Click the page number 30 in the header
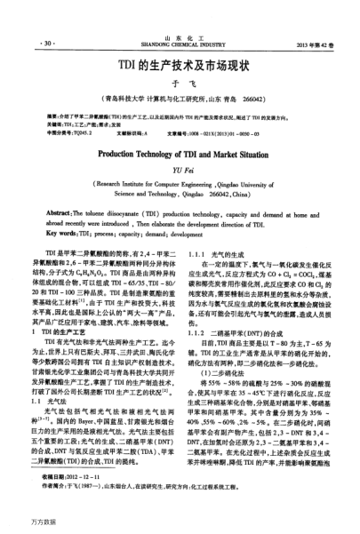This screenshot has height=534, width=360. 41,43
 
